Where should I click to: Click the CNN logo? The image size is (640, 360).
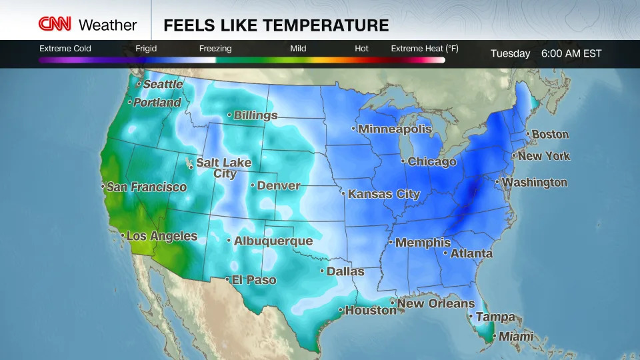click(55, 25)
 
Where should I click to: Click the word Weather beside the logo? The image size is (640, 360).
click(107, 25)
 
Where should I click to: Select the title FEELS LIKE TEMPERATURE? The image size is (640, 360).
click(276, 25)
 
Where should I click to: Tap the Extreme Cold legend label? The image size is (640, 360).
click(65, 49)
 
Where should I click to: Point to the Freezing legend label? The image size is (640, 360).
click(215, 49)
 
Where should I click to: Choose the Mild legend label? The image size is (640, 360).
click(298, 49)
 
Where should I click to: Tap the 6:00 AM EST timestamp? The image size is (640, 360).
click(571, 53)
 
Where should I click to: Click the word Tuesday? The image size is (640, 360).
click(511, 53)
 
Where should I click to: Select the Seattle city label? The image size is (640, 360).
click(163, 84)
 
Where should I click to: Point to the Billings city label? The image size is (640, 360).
click(255, 115)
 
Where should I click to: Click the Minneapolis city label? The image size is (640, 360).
click(395, 129)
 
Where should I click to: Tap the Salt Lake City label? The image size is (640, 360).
click(224, 168)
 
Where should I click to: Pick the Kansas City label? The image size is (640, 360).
click(384, 194)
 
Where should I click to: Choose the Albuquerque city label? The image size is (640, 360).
click(273, 241)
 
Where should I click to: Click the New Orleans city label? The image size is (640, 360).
click(436, 303)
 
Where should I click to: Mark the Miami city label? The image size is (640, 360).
click(517, 337)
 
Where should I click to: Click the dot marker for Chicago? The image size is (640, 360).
click(403, 161)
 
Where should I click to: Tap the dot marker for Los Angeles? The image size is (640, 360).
click(123, 235)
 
